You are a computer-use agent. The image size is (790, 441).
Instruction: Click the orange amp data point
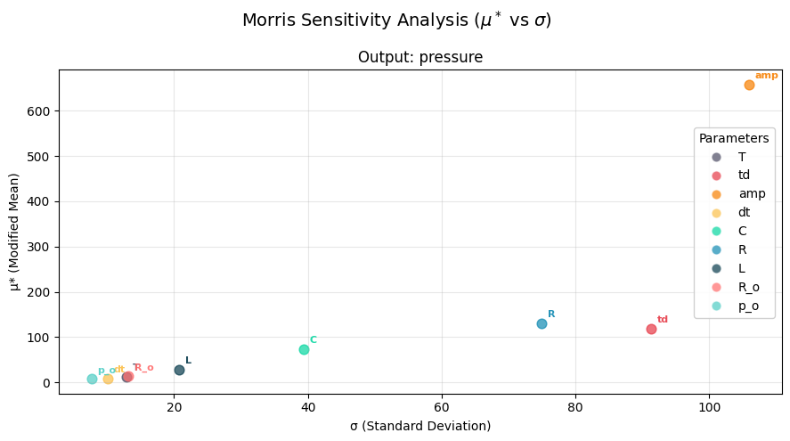(x=749, y=85)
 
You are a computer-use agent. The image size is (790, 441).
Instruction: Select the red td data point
(x=651, y=329)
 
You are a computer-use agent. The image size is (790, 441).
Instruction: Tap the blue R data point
(x=542, y=323)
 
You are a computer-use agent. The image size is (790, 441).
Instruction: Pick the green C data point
(x=304, y=349)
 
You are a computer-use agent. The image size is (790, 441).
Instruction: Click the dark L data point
(x=179, y=370)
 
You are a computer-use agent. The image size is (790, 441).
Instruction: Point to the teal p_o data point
(x=92, y=379)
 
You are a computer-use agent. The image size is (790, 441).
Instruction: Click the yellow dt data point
(x=108, y=379)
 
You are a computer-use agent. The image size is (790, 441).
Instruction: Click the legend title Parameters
(x=734, y=139)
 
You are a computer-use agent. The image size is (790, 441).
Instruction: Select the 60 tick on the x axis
(x=442, y=407)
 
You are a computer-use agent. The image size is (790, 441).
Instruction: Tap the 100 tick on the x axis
(x=709, y=407)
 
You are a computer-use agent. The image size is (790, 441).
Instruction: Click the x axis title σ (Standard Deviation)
(x=420, y=426)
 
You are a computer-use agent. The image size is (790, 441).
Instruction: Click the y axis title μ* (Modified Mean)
(x=14, y=232)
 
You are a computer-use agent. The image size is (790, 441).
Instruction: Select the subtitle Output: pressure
(x=420, y=57)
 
